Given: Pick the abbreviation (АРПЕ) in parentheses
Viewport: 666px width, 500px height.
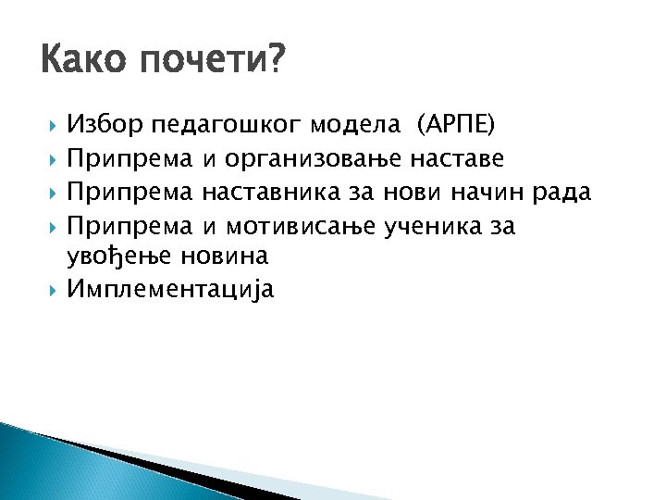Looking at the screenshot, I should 456,124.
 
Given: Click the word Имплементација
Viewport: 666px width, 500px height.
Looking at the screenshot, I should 170,290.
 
